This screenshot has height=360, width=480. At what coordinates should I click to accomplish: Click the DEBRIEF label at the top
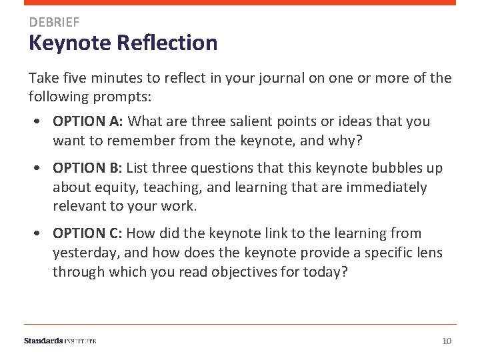(53, 23)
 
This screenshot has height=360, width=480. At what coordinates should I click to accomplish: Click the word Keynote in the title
(69, 43)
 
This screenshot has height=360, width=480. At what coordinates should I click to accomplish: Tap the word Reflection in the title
(167, 43)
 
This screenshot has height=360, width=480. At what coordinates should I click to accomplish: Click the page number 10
(447, 341)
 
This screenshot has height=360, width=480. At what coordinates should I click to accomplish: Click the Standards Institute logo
(60, 341)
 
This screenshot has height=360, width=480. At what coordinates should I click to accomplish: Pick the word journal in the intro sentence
(280, 78)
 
